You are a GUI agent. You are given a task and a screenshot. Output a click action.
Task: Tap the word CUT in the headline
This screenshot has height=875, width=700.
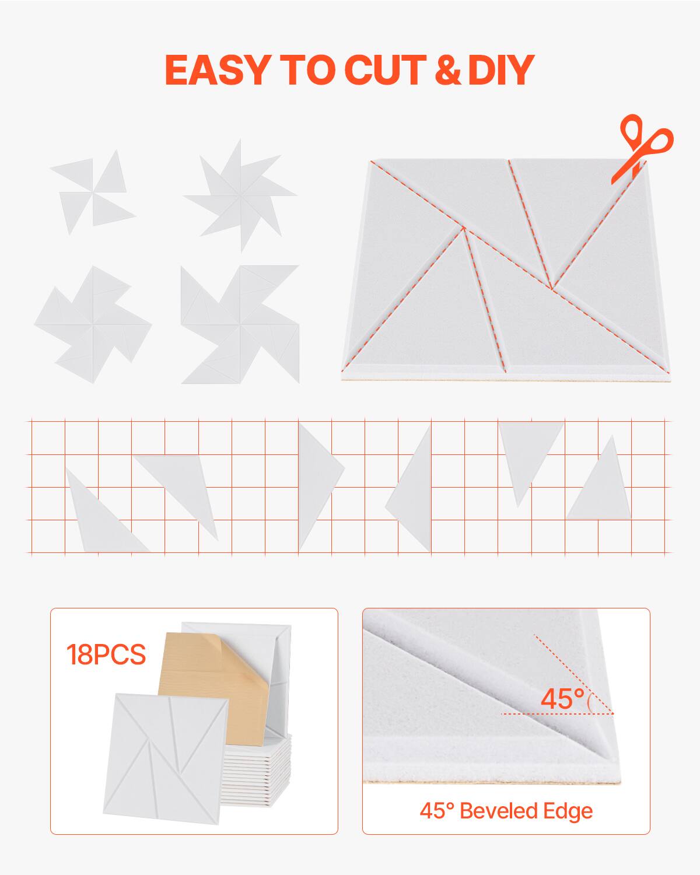pos(386,70)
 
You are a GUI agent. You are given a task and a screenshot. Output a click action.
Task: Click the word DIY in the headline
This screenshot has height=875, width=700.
pos(501,70)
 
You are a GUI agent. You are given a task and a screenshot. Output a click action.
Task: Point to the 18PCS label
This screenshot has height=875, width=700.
pos(106,654)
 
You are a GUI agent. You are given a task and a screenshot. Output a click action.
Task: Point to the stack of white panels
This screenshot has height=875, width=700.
pos(257,776)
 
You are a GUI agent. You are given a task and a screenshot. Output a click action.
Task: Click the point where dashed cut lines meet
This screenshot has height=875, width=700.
pos(551,288)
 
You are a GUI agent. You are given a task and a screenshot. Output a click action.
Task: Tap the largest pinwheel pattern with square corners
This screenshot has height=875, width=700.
pos(239,325)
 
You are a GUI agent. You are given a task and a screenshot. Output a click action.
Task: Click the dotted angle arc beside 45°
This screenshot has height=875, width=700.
pos(589,700)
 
